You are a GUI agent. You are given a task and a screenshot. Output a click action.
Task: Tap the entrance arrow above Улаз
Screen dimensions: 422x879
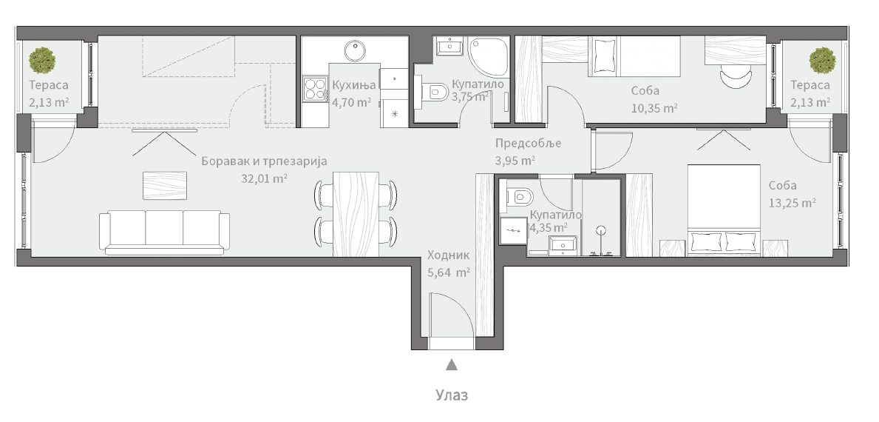click(451, 364)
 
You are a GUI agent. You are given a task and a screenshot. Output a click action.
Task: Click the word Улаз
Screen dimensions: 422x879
click(451, 395)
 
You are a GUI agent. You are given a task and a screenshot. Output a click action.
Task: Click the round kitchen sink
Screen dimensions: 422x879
click(356, 50)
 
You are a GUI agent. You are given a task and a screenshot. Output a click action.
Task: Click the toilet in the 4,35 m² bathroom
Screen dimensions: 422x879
click(521, 197)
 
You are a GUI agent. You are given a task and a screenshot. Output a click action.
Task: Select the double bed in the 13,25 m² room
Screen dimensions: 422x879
click(724, 210)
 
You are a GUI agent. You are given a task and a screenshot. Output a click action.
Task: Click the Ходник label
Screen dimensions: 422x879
click(448, 255)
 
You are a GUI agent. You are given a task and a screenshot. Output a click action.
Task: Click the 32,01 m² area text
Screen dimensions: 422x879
click(265, 178)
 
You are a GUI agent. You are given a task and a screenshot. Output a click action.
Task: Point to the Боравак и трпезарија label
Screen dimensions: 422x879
click(264, 161)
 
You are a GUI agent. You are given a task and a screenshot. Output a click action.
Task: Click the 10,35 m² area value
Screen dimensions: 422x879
click(654, 107)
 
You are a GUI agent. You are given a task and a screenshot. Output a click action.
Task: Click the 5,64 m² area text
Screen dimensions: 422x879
click(449, 272)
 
